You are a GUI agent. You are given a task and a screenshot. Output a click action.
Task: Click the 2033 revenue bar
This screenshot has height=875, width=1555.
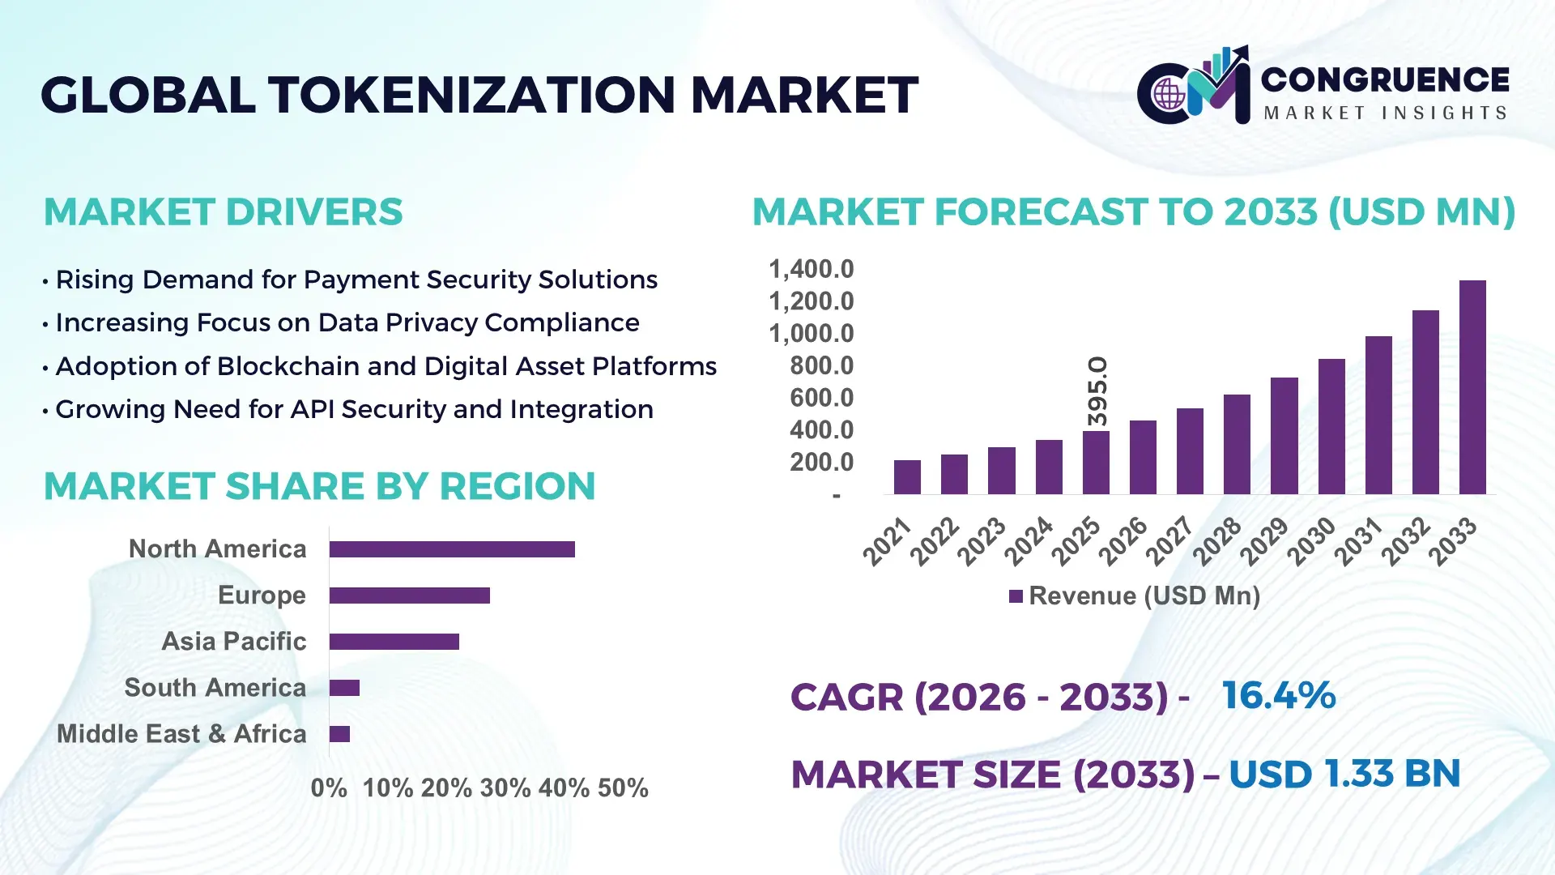(1472, 387)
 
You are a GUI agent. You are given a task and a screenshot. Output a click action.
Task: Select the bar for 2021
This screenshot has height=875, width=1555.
(907, 477)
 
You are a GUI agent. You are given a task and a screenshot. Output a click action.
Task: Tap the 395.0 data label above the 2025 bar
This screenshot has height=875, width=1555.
(1097, 391)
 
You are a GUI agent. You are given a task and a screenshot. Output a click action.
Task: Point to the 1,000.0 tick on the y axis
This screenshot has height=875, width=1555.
(811, 333)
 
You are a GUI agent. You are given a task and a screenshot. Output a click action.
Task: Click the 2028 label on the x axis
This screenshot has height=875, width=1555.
(1216, 541)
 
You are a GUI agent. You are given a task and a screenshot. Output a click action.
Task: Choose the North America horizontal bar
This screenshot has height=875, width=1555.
(452, 549)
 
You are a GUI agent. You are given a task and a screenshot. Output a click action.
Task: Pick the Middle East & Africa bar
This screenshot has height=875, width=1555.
(339, 734)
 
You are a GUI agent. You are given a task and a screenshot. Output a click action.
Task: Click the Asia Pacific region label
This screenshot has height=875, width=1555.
(233, 641)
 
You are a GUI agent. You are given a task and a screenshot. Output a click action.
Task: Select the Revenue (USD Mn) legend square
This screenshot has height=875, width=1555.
(1016, 596)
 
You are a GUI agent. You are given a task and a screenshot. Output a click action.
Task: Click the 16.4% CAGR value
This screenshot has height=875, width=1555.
(1278, 695)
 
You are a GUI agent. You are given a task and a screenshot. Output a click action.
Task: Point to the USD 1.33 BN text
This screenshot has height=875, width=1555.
(1344, 774)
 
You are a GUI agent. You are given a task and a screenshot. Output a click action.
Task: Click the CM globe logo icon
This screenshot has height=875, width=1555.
(1169, 94)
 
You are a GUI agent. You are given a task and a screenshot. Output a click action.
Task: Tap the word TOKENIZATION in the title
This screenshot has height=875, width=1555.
(472, 95)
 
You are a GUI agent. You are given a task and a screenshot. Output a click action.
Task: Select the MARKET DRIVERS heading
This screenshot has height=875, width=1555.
(223, 212)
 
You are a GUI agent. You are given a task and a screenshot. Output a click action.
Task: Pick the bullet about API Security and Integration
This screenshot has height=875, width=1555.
(354, 409)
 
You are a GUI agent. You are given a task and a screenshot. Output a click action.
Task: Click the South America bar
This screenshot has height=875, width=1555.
(344, 688)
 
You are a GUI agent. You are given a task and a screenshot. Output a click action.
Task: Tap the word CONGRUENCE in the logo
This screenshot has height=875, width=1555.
(1385, 79)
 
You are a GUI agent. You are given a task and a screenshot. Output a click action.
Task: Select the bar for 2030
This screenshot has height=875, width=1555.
(1331, 426)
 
